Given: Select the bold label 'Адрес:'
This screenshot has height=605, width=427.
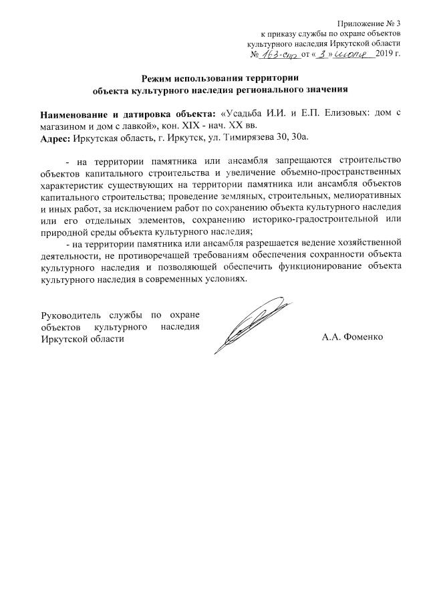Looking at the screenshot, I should (55, 138).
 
